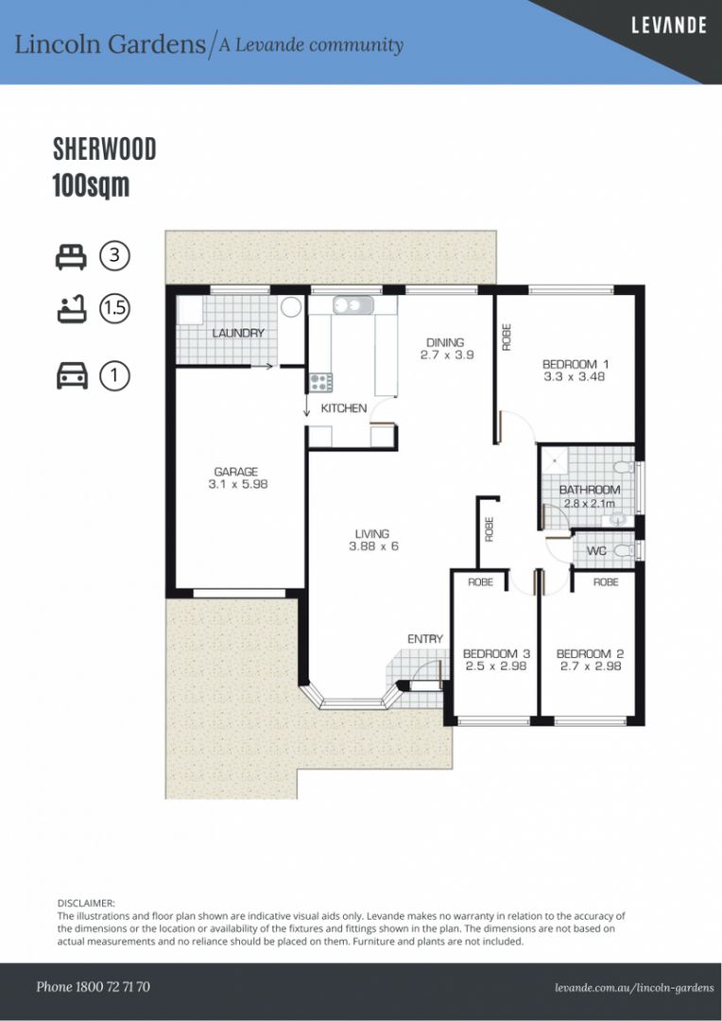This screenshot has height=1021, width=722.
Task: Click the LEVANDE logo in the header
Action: pyautogui.click(x=668, y=26)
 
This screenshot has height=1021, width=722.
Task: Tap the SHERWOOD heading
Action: pyautogui.click(x=104, y=149)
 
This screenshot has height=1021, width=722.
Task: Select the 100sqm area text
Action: pyautogui.click(x=91, y=185)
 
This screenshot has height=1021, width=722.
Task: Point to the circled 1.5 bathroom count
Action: pyautogui.click(x=115, y=308)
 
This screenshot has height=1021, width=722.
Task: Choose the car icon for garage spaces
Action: pyautogui.click(x=72, y=376)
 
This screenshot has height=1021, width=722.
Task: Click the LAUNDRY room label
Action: pyautogui.click(x=238, y=333)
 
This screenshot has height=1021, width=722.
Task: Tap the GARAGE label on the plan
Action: pyautogui.click(x=235, y=472)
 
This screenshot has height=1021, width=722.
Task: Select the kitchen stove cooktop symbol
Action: pyautogui.click(x=320, y=382)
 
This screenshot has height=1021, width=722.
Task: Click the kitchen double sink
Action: pyautogui.click(x=352, y=305)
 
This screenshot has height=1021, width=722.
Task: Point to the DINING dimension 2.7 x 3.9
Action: pyautogui.click(x=446, y=355)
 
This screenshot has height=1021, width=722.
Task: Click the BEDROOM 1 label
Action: pyautogui.click(x=576, y=364)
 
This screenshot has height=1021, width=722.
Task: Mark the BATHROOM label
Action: pyautogui.click(x=589, y=490)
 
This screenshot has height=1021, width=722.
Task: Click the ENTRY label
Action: pyautogui.click(x=424, y=639)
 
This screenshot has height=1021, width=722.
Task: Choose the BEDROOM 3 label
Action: pyautogui.click(x=495, y=653)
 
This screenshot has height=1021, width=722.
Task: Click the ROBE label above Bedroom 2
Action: pyautogui.click(x=606, y=582)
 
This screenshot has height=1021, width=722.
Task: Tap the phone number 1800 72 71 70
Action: pyautogui.click(x=93, y=986)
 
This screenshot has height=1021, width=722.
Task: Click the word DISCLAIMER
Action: pyautogui.click(x=86, y=904)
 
